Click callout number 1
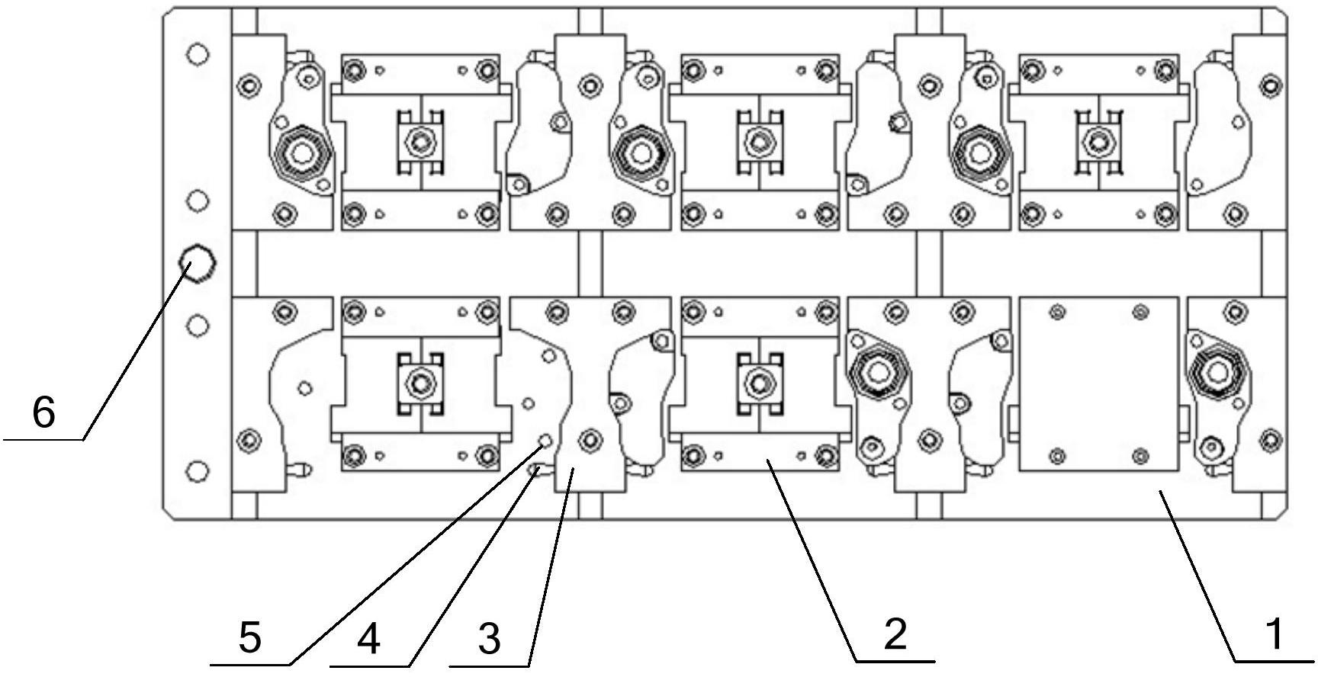[1274, 635]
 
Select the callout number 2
[895, 634]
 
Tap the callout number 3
[490, 639]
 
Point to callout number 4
[368, 639]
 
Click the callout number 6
[43, 413]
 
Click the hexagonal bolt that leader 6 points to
[197, 263]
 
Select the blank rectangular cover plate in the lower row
[1099, 383]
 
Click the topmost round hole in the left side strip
[198, 55]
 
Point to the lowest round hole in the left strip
[198, 471]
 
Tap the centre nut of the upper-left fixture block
[418, 141]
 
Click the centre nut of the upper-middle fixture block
[757, 141]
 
